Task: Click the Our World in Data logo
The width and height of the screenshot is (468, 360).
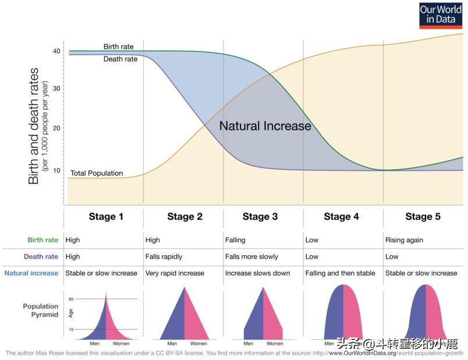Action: coord(441,15)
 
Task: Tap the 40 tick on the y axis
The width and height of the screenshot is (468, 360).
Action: coord(56,51)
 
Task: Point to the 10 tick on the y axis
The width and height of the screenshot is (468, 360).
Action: coord(56,170)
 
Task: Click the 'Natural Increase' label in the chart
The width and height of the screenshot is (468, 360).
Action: coord(265,126)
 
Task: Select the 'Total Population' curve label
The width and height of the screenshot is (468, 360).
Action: coord(97,173)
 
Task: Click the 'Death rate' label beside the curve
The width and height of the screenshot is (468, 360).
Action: coord(120,59)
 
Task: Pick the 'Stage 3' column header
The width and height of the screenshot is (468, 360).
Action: coord(260,217)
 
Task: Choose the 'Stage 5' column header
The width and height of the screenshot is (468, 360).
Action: coord(423,217)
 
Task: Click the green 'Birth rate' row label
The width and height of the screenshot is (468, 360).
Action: coord(42,240)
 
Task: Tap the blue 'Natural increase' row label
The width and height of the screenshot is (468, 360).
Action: coord(31,273)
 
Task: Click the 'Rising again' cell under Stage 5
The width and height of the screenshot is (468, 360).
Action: coord(404,240)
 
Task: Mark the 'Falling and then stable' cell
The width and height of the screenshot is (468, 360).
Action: coord(341,273)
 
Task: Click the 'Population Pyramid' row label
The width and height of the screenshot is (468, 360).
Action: coord(41,310)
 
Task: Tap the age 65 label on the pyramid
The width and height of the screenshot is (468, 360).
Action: coord(72,299)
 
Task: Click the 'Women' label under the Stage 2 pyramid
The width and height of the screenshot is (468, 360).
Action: coord(198,344)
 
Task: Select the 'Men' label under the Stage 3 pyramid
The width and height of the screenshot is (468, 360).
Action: coord(252,344)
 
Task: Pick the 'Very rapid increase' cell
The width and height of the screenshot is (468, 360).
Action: coord(175,273)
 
